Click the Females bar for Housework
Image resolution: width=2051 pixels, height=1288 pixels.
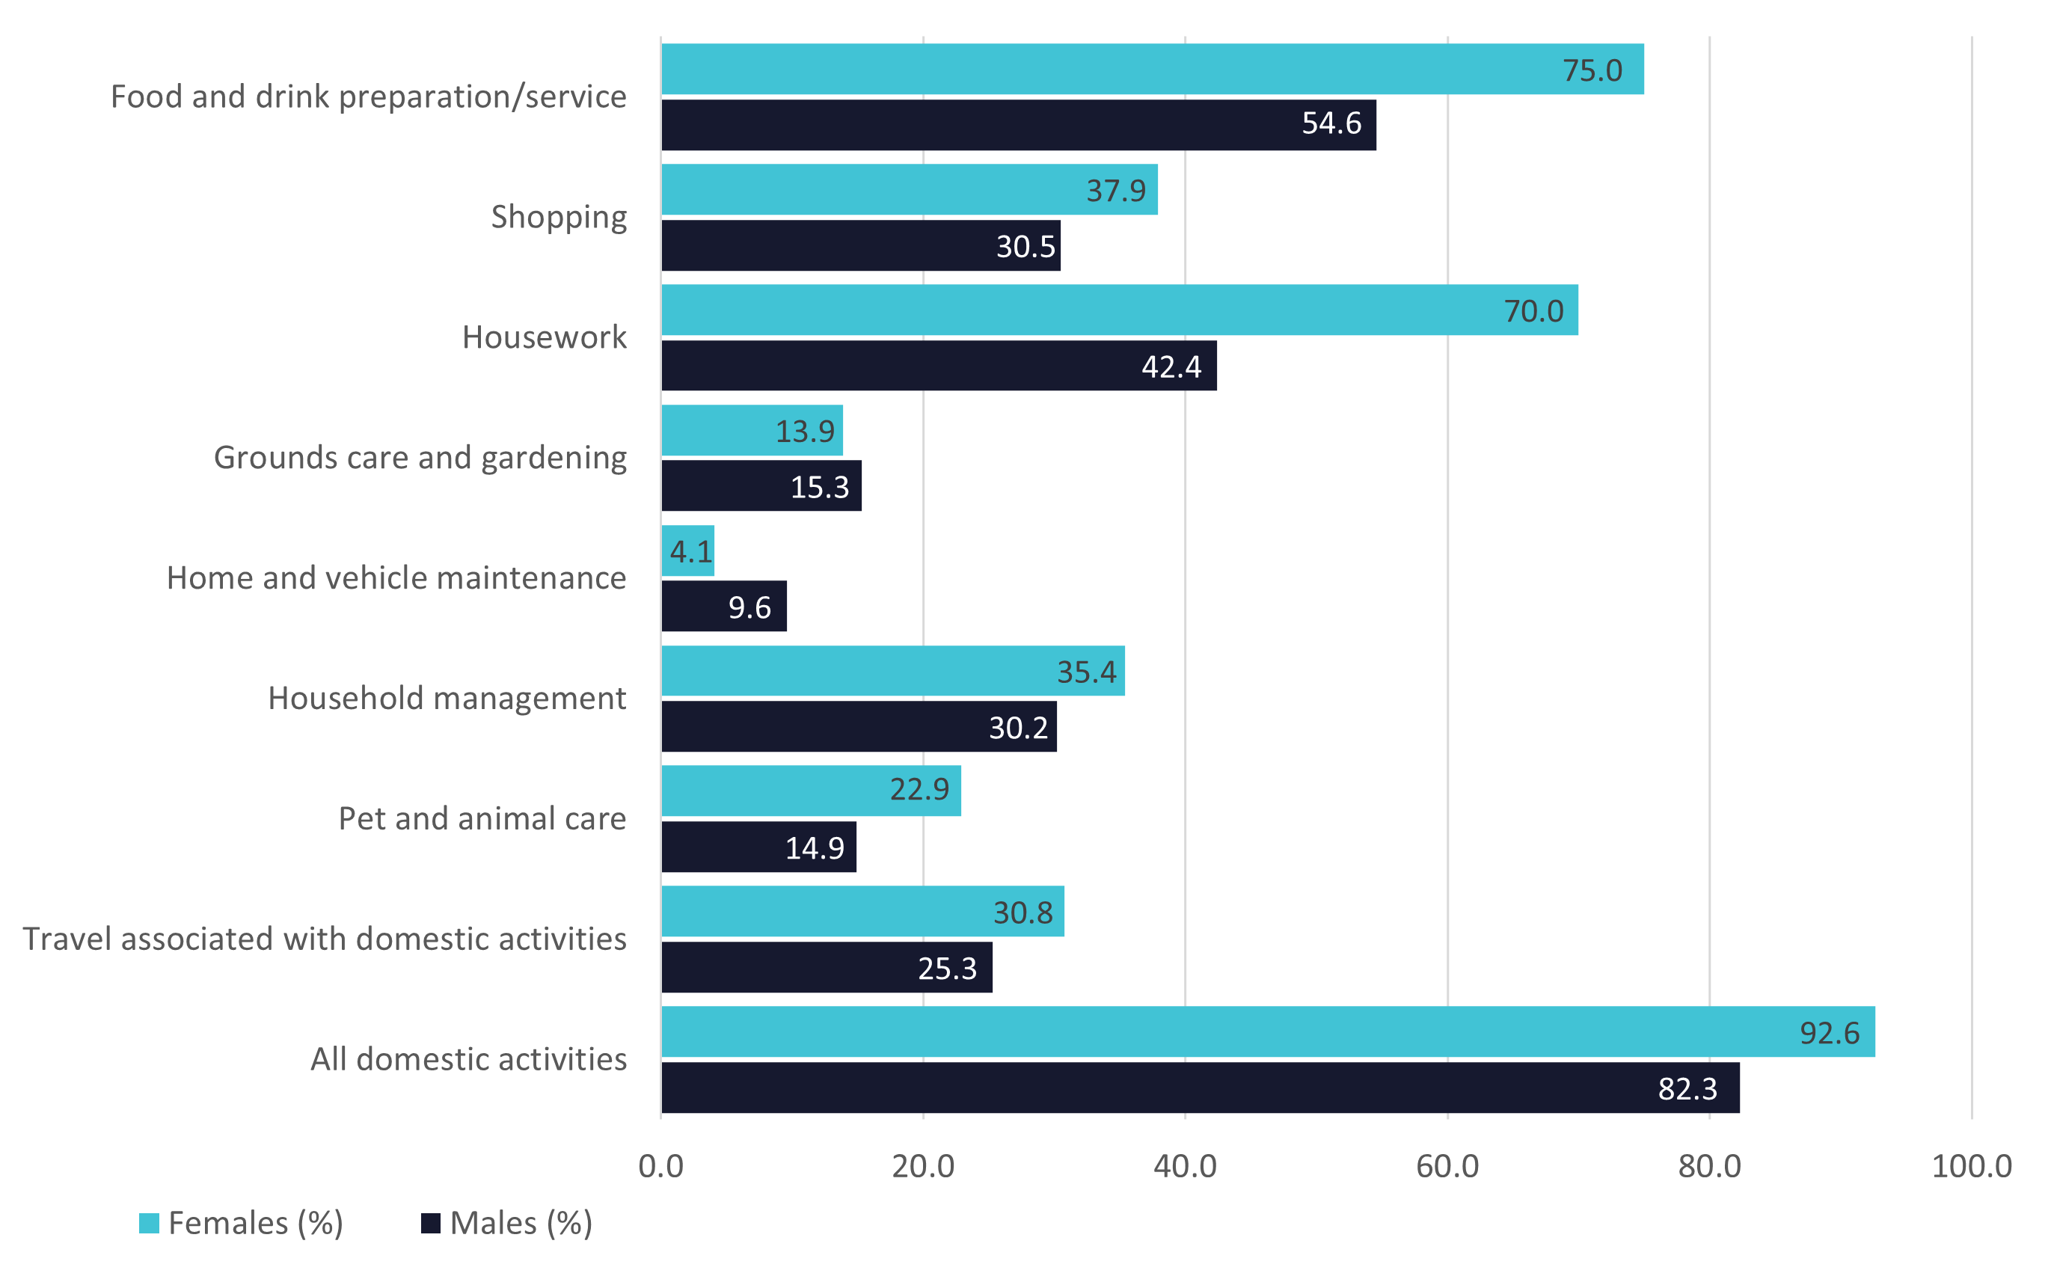[1119, 310]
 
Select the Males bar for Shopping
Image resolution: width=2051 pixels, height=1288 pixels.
[860, 245]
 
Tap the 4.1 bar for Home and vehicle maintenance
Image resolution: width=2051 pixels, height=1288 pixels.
[688, 551]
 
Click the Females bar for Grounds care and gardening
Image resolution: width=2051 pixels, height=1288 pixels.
[752, 430]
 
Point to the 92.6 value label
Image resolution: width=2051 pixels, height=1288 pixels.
[1829, 1033]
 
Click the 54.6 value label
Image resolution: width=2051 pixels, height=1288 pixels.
[1331, 123]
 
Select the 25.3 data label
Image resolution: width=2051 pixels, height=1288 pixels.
[947, 969]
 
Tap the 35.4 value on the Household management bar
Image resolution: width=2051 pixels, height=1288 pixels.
[1086, 672]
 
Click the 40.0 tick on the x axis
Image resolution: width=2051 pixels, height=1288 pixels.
[1185, 1166]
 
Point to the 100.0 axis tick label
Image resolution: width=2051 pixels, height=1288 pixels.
[1971, 1166]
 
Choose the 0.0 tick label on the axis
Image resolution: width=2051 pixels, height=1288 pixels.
[661, 1166]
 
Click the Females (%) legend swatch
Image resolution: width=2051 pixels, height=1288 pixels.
[149, 1223]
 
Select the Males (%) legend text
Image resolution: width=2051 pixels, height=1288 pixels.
[521, 1223]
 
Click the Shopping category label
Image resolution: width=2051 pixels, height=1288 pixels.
[559, 217]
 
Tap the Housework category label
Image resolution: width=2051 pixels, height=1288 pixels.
[545, 337]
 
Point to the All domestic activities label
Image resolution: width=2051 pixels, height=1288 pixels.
[468, 1059]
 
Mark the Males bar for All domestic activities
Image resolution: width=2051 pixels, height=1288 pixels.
[1200, 1088]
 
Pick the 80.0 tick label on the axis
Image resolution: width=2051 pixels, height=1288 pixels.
[1709, 1166]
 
